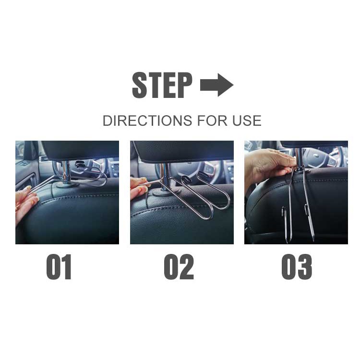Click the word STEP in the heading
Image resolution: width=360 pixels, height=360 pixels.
(x=162, y=85)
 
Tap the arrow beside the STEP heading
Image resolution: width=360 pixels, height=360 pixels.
(x=217, y=85)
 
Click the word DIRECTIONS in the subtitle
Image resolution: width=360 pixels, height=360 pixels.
(x=147, y=120)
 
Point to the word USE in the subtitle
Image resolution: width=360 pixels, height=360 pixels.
(x=247, y=120)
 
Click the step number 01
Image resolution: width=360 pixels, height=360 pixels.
(x=59, y=267)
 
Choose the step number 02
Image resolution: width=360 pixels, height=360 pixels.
(x=179, y=267)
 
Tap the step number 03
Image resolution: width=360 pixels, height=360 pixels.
(x=297, y=267)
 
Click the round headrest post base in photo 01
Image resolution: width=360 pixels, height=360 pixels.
(x=67, y=184)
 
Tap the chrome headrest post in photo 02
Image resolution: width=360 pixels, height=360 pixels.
(x=164, y=177)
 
